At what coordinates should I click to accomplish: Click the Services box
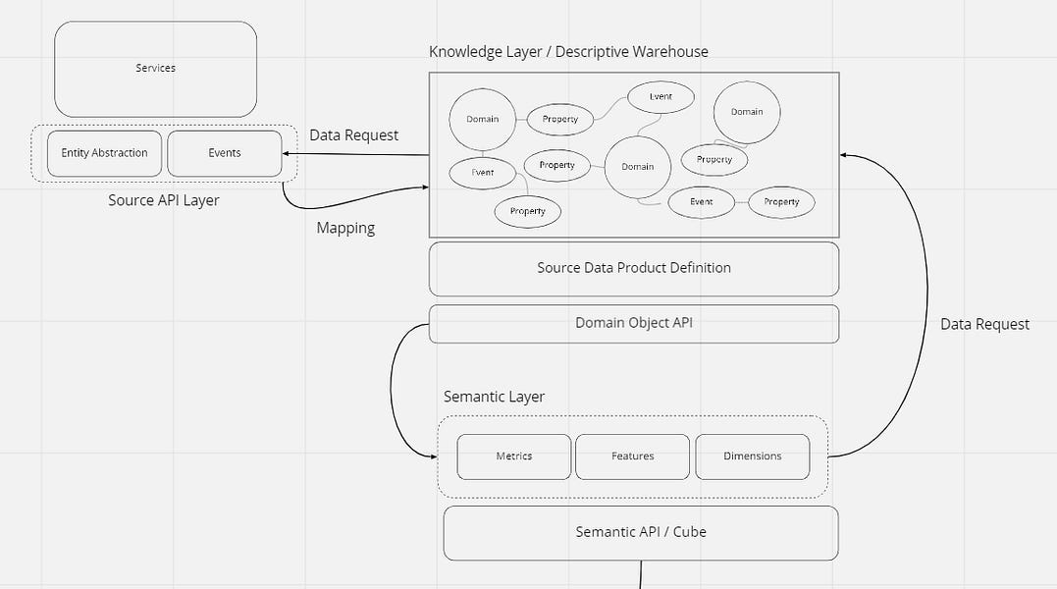pyautogui.click(x=155, y=69)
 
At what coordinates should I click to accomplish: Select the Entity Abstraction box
pyautogui.click(x=104, y=153)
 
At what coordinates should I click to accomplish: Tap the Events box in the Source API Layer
pyautogui.click(x=225, y=153)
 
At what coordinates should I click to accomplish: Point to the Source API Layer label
pyautogui.click(x=164, y=200)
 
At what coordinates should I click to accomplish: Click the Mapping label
pyautogui.click(x=345, y=228)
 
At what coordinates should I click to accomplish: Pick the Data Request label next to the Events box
pyautogui.click(x=354, y=135)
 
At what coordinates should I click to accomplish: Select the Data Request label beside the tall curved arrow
pyautogui.click(x=984, y=324)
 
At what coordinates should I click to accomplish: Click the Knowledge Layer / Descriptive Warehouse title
pyautogui.click(x=568, y=51)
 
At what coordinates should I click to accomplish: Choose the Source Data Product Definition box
pyautogui.click(x=634, y=268)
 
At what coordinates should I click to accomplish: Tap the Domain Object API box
pyautogui.click(x=634, y=323)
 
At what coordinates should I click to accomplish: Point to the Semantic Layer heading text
pyautogui.click(x=494, y=397)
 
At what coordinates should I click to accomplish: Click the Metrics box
pyautogui.click(x=514, y=456)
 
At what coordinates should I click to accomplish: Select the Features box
pyautogui.click(x=632, y=456)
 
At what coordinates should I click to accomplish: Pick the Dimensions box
pyautogui.click(x=753, y=456)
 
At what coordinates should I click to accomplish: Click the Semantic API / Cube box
pyautogui.click(x=641, y=532)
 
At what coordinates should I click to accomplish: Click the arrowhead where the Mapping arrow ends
pyautogui.click(x=424, y=187)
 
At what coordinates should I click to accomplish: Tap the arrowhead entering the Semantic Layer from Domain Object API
pyautogui.click(x=433, y=456)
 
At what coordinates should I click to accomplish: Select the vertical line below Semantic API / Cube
pyautogui.click(x=641, y=574)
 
